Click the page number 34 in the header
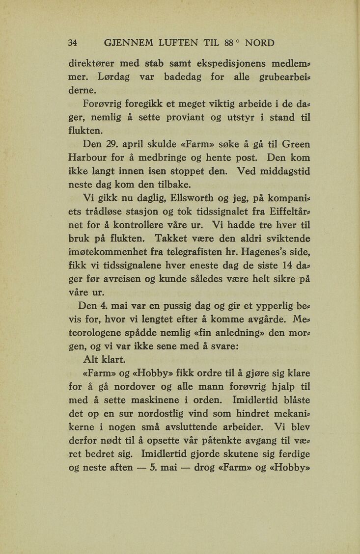pos(73,42)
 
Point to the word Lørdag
pos(115,77)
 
